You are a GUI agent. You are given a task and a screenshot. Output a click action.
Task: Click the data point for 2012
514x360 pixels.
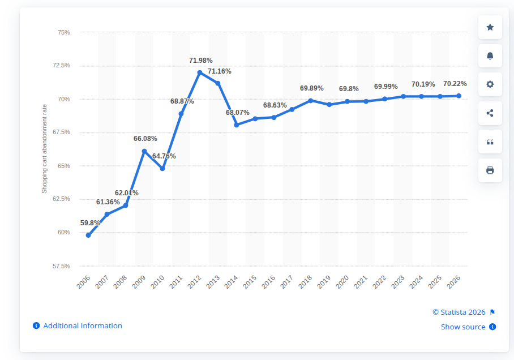[200, 72]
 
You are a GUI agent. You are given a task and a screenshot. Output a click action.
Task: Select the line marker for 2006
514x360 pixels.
[88, 235]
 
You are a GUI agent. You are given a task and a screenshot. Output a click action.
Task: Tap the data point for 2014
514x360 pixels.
[237, 125]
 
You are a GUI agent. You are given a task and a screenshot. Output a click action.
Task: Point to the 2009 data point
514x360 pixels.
[144, 151]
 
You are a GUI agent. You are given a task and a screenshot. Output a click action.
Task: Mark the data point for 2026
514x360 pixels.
[459, 96]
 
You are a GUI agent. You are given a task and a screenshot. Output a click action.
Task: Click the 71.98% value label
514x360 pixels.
[200, 61]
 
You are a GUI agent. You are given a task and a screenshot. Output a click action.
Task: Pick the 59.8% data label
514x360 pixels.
[90, 223]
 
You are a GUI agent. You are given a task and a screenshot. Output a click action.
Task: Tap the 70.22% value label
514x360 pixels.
[455, 84]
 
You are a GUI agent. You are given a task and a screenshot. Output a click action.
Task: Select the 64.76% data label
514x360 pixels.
[164, 156]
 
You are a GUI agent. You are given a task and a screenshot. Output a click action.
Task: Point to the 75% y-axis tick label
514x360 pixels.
[64, 32]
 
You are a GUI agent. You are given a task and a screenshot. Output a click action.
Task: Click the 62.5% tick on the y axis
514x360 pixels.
[62, 199]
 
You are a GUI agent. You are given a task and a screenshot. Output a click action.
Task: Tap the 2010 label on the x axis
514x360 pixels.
[157, 282]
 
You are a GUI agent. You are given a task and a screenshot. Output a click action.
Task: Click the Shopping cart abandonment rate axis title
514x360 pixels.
[44, 149]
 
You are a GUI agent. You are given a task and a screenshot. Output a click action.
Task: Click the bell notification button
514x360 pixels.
[490, 55]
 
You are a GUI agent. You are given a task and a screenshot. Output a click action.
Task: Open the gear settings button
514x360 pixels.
[490, 84]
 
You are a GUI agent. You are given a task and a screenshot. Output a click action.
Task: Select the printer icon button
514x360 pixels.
[490, 170]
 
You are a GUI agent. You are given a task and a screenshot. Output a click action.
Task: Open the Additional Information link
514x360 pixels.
[82, 325]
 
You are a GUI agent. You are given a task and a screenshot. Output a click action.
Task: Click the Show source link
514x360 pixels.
[463, 327]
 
